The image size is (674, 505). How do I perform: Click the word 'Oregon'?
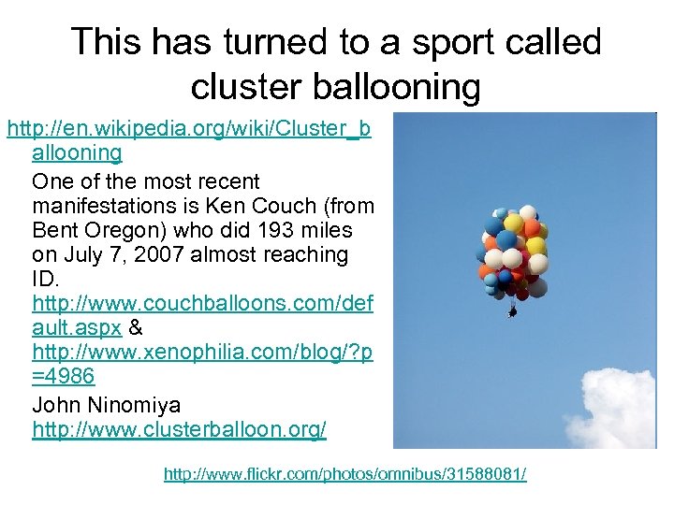[125, 230]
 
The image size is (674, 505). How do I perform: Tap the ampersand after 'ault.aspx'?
[136, 327]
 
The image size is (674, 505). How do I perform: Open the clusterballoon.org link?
[179, 429]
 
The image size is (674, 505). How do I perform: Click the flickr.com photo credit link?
[344, 474]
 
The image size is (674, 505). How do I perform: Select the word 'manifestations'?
[106, 206]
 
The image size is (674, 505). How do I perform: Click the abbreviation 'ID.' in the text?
[44, 279]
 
